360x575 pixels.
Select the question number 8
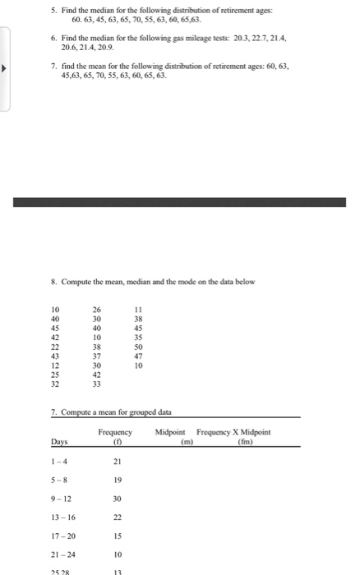tap(52, 281)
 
